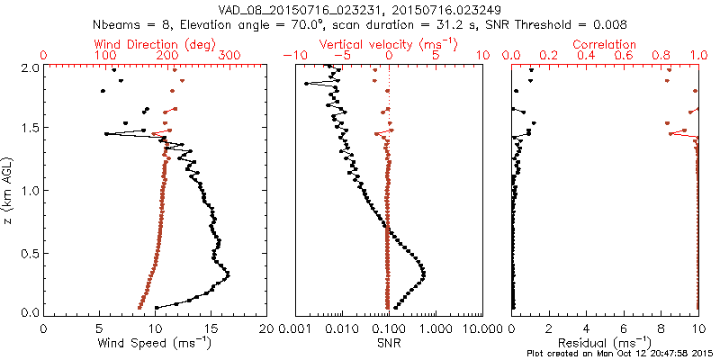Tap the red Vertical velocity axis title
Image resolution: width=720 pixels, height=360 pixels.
[389, 44]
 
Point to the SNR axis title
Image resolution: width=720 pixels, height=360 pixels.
[389, 342]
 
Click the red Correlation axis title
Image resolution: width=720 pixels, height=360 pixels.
[606, 44]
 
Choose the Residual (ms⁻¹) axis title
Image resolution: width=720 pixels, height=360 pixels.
[606, 342]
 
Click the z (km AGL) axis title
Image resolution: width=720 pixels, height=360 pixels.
[11, 189]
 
